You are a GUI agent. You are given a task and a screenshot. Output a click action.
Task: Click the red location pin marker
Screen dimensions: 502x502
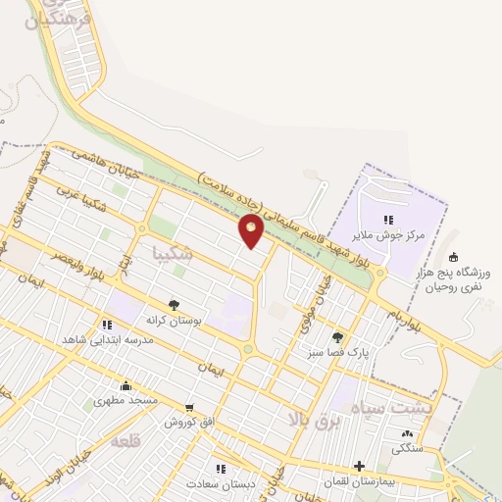click(252, 231)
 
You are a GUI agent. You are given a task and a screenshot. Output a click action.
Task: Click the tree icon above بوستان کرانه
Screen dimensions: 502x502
click(175, 304)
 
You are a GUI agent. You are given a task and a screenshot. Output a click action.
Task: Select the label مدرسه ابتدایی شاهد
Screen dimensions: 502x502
click(96, 338)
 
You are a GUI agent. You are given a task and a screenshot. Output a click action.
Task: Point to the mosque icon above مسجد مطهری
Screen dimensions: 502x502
click(125, 385)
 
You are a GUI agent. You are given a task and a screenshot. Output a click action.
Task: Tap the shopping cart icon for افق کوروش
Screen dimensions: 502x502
click(189, 407)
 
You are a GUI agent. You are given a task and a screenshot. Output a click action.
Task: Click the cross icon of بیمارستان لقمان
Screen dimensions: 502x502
click(361, 467)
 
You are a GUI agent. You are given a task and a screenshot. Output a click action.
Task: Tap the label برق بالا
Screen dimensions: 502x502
click(311, 419)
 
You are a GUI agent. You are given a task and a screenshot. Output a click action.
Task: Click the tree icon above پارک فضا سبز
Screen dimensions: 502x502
click(338, 336)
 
